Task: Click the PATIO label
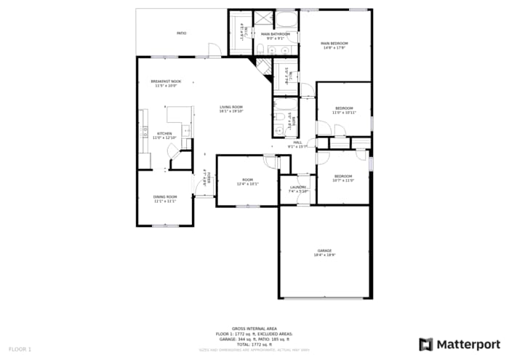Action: [182, 33]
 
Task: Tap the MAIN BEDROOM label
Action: [334, 44]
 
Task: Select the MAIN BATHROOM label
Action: [276, 34]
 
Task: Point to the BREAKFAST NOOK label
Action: [166, 81]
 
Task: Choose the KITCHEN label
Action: [164, 134]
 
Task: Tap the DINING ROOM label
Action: [164, 197]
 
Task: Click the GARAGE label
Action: [324, 250]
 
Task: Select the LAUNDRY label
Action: [298, 188]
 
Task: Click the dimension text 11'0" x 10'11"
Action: [344, 113]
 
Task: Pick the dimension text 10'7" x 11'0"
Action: [343, 180]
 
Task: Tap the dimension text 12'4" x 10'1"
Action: [248, 184]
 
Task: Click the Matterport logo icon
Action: [426, 344]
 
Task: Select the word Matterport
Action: [468, 344]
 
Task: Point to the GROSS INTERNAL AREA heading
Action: [254, 329]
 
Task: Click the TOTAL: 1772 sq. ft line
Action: [254, 344]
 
